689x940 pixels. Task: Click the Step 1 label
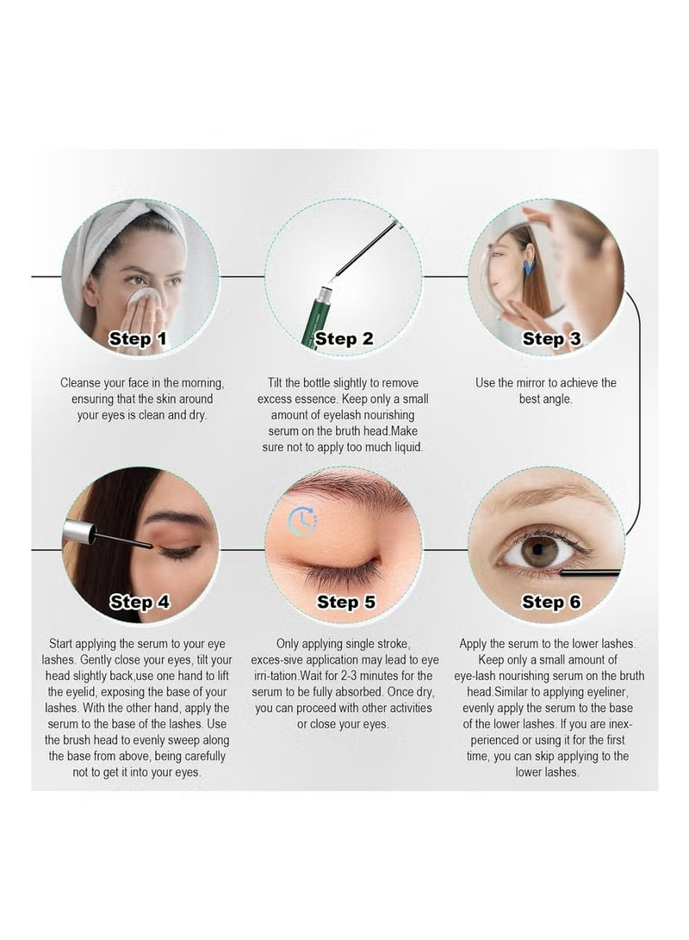coord(137,338)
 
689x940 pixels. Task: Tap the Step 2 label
coord(344,338)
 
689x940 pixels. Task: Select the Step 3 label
coord(552,338)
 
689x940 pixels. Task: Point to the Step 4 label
coord(140,602)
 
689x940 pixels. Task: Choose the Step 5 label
coord(346,602)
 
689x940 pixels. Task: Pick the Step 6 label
coord(552,602)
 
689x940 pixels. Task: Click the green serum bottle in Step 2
coord(318,318)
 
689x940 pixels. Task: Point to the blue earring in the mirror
coord(528,266)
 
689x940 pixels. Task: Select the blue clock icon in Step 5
coord(303,520)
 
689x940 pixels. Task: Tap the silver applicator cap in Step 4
coord(79,532)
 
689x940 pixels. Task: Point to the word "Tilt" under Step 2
coord(275,382)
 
